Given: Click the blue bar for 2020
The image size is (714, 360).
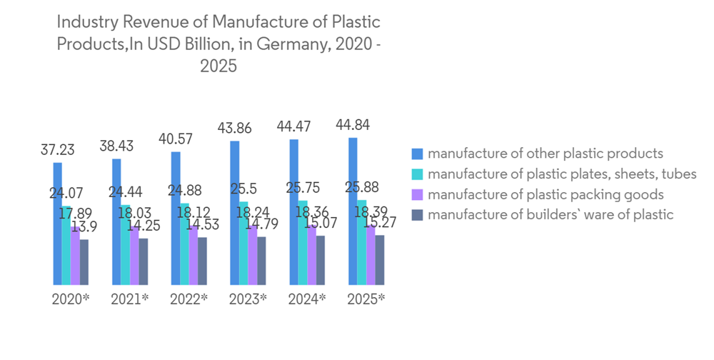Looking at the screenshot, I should pyautogui.click(x=58, y=224).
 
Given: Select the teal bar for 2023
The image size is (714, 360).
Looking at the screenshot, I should pyautogui.click(x=244, y=243).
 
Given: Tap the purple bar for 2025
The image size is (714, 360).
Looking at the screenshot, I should pyautogui.click(x=370, y=255).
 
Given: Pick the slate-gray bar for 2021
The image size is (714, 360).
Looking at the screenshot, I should pyautogui.click(x=144, y=261).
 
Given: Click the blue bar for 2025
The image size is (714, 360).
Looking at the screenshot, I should pyautogui.click(x=352, y=211).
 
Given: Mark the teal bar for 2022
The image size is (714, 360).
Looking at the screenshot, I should pyautogui.click(x=185, y=244).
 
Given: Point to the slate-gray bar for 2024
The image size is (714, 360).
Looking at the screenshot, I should pyautogui.click(x=321, y=260).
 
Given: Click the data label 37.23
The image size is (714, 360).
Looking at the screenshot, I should pyautogui.click(x=58, y=151).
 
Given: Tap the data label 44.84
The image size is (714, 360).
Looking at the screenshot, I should pyautogui.click(x=353, y=126).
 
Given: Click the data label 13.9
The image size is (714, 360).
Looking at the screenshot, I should pyautogui.click(x=85, y=227).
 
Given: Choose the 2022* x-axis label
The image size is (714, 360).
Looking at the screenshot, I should pyautogui.click(x=188, y=299).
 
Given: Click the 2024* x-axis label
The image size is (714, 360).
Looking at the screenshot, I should pyautogui.click(x=307, y=299).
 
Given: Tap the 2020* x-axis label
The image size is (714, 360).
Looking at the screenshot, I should pyautogui.click(x=71, y=299).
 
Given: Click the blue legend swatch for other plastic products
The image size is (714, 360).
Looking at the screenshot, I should pyautogui.click(x=417, y=154).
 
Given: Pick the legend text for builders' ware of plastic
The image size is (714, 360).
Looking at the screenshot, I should pyautogui.click(x=551, y=214).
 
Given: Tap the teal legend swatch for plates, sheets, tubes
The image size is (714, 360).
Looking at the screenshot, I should pyautogui.click(x=417, y=174).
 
